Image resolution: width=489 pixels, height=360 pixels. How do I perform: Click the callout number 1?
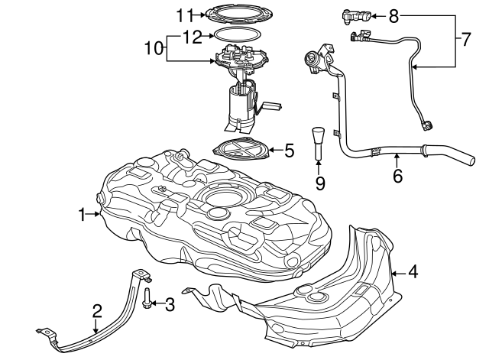[x=83, y=216]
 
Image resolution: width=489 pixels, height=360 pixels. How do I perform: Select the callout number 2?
[x=97, y=310]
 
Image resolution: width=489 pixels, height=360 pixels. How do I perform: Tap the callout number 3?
[x=170, y=304]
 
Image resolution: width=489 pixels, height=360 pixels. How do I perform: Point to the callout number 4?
[x=413, y=271]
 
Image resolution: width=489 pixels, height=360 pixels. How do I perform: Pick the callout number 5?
[x=288, y=151]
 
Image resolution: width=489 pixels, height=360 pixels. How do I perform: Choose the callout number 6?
[x=397, y=174]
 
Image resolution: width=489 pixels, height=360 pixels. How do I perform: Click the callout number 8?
[x=393, y=15]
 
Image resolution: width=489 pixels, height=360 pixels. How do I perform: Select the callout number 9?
[x=319, y=183]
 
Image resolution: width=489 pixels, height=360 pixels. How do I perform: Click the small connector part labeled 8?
[x=355, y=15]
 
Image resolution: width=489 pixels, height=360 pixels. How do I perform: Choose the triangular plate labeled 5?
[x=243, y=149]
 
